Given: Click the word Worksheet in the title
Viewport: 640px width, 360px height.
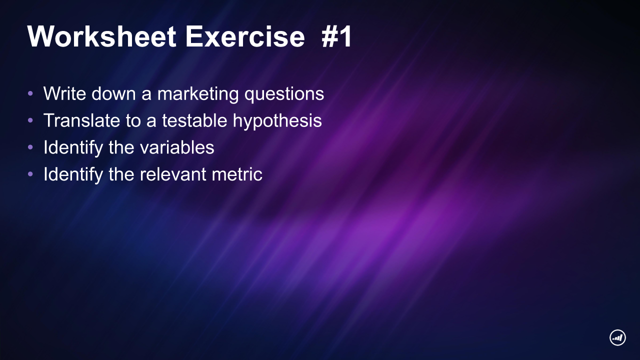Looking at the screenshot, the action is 101,36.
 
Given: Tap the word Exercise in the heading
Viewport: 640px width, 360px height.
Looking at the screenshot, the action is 245,36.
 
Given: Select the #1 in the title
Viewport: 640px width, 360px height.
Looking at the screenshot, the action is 336,36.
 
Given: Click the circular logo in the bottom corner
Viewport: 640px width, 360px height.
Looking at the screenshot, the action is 617,337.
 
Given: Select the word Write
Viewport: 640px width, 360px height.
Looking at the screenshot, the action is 64,93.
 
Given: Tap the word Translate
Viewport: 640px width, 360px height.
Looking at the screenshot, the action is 81,120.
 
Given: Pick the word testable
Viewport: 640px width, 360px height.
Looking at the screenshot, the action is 194,120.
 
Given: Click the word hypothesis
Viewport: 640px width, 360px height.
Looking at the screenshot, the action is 277,120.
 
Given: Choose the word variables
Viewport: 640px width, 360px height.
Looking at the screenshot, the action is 177,147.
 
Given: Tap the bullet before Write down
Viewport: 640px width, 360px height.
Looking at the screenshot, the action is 30,93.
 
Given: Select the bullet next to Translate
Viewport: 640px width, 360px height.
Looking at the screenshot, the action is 30,120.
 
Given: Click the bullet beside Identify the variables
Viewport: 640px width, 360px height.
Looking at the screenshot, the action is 30,147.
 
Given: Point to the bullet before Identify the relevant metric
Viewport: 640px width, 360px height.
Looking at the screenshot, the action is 30,174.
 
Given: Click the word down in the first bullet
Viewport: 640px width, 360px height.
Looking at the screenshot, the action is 113,93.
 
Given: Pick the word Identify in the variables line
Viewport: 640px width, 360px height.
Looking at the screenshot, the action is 73,147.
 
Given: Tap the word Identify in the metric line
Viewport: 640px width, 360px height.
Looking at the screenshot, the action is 73,174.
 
